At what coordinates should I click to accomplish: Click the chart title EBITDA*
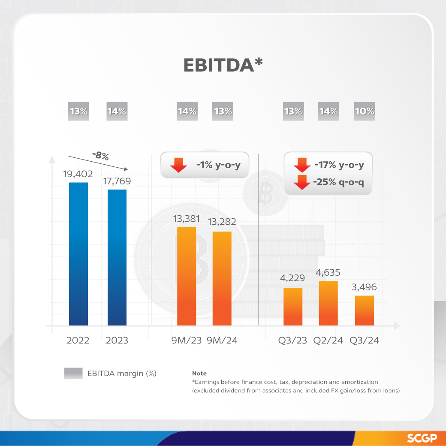tap(223, 65)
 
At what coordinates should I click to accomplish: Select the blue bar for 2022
tap(78, 254)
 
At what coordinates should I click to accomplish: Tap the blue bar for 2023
tap(117, 257)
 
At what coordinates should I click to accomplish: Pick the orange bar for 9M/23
tap(187, 276)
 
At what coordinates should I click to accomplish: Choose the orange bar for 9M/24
tap(222, 278)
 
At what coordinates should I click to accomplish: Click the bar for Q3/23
tap(293, 307)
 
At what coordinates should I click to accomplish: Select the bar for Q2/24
tap(328, 303)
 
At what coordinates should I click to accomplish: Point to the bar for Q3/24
tap(365, 310)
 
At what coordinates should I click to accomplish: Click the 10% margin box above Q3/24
tap(365, 111)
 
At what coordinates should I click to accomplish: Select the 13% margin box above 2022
tap(78, 111)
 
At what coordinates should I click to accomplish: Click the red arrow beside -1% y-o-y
tap(178, 165)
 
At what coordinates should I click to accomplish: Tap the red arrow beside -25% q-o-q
tap(302, 182)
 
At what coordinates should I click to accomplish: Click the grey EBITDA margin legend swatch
tap(73, 374)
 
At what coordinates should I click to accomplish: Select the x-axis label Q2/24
tap(328, 341)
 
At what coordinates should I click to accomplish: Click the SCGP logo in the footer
tap(422, 438)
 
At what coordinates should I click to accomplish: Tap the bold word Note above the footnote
tap(199, 374)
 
